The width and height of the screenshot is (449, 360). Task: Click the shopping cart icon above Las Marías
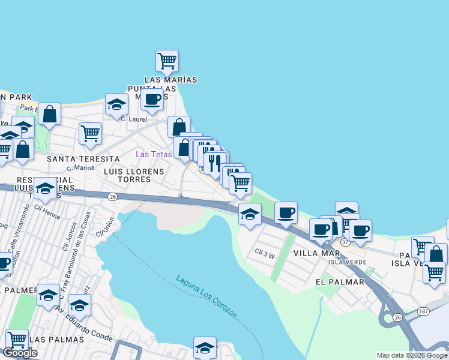tap(167, 61)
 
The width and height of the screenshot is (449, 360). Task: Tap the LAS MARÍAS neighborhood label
tap(170, 79)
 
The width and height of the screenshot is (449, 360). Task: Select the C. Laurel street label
tap(133, 119)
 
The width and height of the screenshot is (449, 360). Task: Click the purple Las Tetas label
tap(154, 154)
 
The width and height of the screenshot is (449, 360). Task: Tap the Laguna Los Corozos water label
tap(207, 297)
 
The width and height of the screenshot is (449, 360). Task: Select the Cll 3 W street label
tap(264, 254)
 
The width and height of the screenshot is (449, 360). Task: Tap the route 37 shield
tap(345, 242)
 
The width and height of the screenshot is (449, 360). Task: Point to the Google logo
tap(20, 353)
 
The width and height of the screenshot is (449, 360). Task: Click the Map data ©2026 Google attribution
tap(412, 355)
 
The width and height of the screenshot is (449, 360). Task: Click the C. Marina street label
tap(80, 168)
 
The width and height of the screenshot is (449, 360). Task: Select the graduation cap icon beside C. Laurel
tap(116, 104)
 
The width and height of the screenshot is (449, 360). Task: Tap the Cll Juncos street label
tap(66, 238)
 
